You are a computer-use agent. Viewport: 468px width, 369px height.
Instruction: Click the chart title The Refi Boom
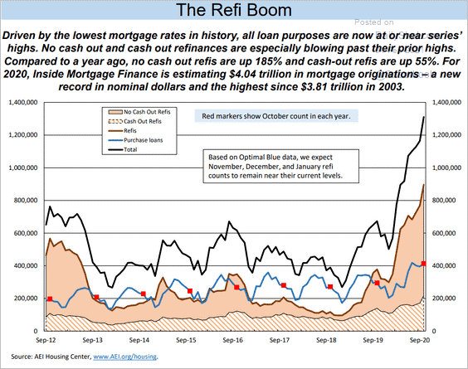pos(234,10)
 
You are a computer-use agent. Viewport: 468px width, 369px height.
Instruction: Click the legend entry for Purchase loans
pos(136,140)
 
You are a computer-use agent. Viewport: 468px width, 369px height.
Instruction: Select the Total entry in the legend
pos(123,149)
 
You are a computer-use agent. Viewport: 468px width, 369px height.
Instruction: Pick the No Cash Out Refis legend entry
pos(139,112)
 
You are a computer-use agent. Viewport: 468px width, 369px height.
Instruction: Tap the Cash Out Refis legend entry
pos(134,121)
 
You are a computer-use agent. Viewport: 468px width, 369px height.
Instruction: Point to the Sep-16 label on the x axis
pos(233,340)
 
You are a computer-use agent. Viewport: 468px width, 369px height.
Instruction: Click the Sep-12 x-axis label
pos(46,340)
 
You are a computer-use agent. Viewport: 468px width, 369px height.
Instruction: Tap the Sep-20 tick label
pos(420,340)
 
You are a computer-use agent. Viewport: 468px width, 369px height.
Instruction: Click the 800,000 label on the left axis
pos(26,201)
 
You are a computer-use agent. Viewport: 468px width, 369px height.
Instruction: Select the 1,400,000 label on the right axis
pos(446,102)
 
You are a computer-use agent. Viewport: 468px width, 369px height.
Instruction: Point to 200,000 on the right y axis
pos(445,299)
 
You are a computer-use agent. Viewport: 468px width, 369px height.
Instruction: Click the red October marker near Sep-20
pos(423,264)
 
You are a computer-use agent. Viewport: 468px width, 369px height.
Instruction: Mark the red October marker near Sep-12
pos(50,299)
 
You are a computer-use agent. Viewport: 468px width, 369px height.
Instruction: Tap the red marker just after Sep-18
pos(330,287)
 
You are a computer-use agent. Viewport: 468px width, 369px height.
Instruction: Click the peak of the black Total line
pos(423,117)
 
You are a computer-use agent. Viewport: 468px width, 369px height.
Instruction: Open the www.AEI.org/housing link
pos(125,357)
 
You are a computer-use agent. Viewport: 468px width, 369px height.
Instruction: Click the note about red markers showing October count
pos(276,116)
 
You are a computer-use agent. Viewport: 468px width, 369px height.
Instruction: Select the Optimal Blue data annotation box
pos(281,166)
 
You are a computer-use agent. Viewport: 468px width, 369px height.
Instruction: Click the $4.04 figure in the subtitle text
pos(242,74)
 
